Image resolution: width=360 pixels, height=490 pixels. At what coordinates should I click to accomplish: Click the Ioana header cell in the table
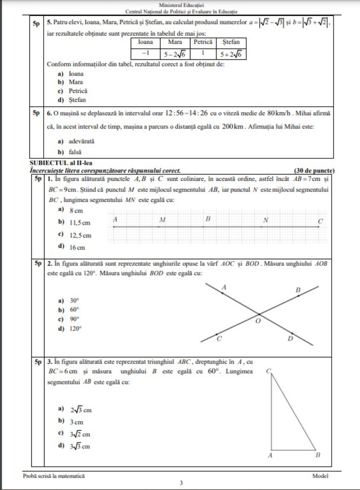click(x=145, y=42)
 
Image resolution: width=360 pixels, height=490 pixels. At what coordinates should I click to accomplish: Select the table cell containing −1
click(x=145, y=53)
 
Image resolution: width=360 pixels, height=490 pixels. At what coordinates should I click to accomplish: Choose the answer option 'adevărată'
click(x=81, y=141)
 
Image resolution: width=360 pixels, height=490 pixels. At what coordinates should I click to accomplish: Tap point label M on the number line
click(x=162, y=220)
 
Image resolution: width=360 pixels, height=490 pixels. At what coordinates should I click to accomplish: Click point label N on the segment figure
click(x=265, y=220)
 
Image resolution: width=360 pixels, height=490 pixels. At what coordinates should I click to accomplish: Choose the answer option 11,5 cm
click(x=80, y=223)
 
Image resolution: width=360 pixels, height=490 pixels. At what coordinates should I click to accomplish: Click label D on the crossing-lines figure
click(x=290, y=338)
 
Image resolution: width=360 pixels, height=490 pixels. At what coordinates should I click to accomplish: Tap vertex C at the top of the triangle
click(x=268, y=371)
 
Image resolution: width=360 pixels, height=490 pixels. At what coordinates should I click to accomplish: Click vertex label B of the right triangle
click(x=318, y=455)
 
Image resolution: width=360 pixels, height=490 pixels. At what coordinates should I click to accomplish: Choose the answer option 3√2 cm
click(x=80, y=434)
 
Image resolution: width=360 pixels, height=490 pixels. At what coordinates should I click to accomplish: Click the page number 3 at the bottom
click(x=181, y=484)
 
